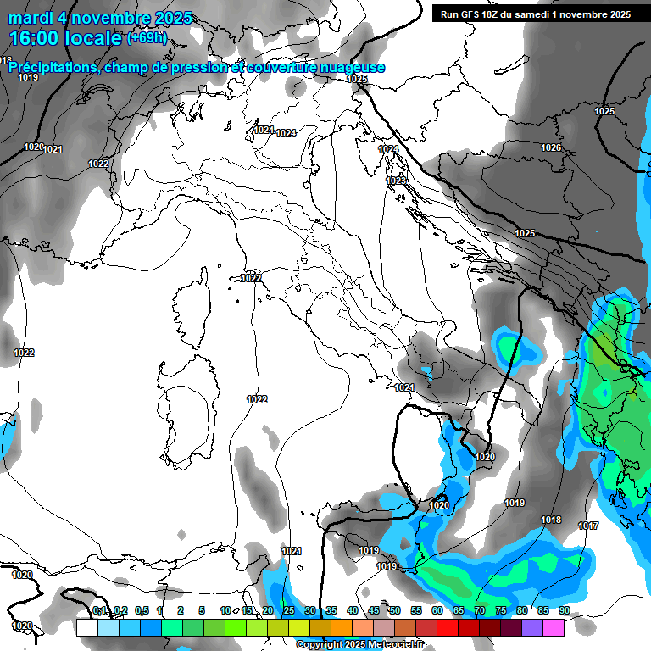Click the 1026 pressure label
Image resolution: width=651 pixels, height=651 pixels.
click(551, 147)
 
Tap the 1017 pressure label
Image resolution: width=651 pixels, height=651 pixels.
click(588, 526)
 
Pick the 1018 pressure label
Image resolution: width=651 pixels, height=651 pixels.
click(551, 520)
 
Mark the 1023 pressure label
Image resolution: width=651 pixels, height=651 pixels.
click(396, 181)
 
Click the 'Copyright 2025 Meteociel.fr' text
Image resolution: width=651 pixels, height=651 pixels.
click(360, 644)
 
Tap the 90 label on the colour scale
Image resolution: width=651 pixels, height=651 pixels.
click(564, 610)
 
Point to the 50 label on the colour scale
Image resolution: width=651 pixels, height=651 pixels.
click(394, 610)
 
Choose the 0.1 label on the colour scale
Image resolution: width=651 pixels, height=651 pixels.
click(99, 610)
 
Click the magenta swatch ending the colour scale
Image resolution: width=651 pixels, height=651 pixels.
click(553, 627)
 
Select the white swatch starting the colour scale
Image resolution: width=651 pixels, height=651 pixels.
click(86, 627)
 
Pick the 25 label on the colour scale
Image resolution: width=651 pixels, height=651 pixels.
click(288, 610)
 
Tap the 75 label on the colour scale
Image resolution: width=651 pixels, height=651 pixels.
click(500, 610)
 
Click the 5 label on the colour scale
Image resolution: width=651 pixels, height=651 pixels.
click(202, 610)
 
